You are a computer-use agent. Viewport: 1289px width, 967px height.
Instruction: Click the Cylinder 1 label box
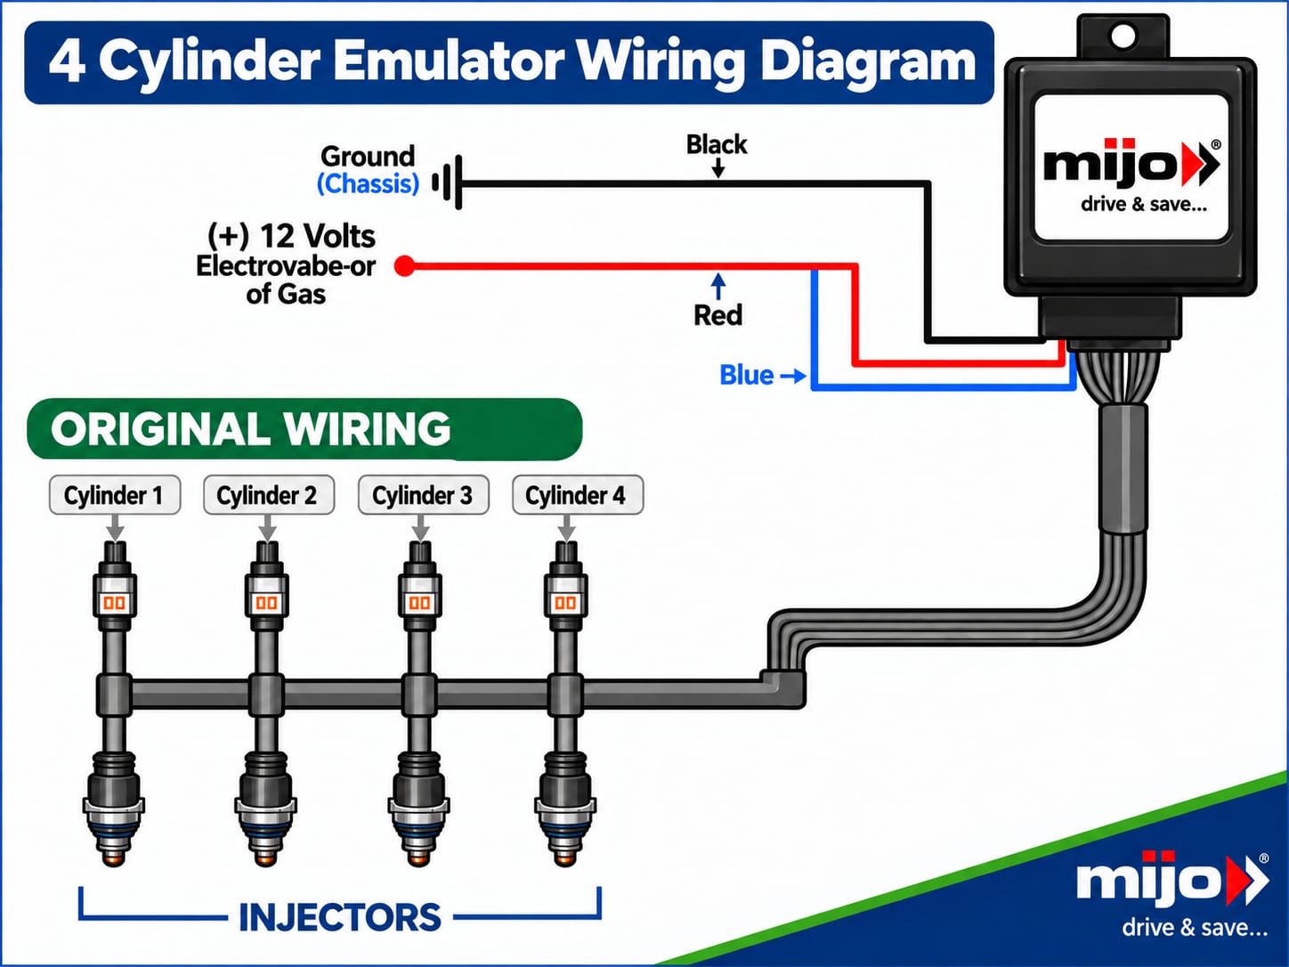pos(115,495)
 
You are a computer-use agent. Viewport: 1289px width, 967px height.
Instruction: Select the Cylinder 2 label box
pos(268,495)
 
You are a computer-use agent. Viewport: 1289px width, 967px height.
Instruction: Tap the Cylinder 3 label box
pos(424,495)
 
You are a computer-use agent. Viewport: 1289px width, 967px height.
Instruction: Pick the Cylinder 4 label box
pos(577,495)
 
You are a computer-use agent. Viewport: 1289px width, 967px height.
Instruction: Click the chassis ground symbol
pos(448,183)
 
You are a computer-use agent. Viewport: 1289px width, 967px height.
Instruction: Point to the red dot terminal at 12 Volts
pos(405,266)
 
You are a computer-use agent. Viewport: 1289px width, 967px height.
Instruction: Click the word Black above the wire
pos(717,144)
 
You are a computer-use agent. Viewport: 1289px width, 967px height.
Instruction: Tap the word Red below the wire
pos(717,315)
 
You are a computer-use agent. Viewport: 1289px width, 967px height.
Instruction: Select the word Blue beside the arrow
pos(746,375)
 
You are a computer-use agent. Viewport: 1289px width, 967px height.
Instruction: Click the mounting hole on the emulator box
pos(1123,36)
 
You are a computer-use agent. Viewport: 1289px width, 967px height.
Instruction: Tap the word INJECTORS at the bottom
pos(340,917)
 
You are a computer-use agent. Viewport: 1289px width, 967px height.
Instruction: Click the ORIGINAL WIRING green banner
pos(304,428)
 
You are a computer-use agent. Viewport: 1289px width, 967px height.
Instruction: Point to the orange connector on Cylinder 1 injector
pos(115,603)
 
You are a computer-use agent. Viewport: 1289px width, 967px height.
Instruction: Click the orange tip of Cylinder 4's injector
pos(565,859)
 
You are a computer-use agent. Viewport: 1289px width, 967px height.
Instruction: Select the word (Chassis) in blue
pos(369,183)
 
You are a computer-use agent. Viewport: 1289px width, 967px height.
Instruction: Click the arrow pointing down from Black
pos(717,167)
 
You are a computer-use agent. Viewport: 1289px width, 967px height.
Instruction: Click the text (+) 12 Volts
pos(291,237)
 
